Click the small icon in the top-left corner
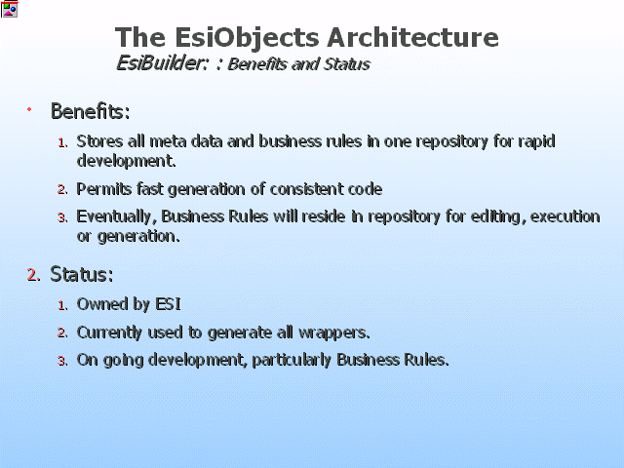(9, 9)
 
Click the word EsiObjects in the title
(247, 38)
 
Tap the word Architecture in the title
(412, 37)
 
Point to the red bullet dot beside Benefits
(29, 108)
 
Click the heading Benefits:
(91, 111)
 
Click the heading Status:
(82, 274)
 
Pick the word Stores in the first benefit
(99, 141)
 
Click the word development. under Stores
(126, 161)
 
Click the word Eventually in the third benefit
(114, 216)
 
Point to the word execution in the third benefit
(565, 216)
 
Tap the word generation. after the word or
(138, 237)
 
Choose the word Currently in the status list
(109, 332)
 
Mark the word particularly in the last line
(292, 360)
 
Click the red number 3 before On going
(62, 362)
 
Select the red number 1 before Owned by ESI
(62, 305)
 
